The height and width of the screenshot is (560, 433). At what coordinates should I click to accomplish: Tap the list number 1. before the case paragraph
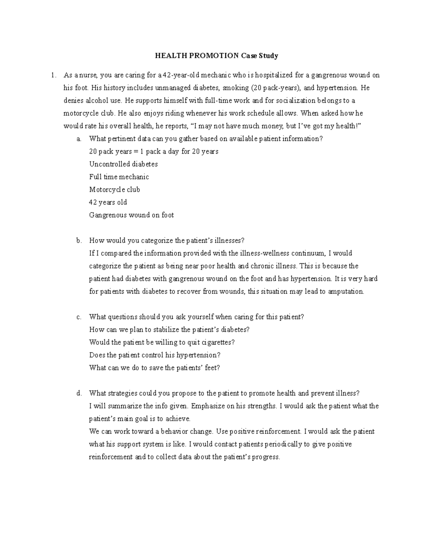point(53,75)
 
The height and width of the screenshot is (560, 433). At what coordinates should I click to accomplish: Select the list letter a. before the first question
point(79,139)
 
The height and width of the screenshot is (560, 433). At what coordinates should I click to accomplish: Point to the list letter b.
point(79,241)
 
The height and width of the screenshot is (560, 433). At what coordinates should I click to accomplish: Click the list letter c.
point(79,317)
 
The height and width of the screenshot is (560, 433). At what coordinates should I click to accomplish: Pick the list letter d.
point(79,393)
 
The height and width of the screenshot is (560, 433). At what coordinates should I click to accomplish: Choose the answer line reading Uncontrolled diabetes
point(123,164)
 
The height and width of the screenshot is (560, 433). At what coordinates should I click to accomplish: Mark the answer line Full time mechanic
point(119,177)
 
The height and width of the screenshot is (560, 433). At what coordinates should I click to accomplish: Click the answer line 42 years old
point(108,202)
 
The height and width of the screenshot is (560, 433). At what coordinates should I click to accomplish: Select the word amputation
point(346,291)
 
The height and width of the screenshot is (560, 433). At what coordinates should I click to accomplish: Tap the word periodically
point(278,444)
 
